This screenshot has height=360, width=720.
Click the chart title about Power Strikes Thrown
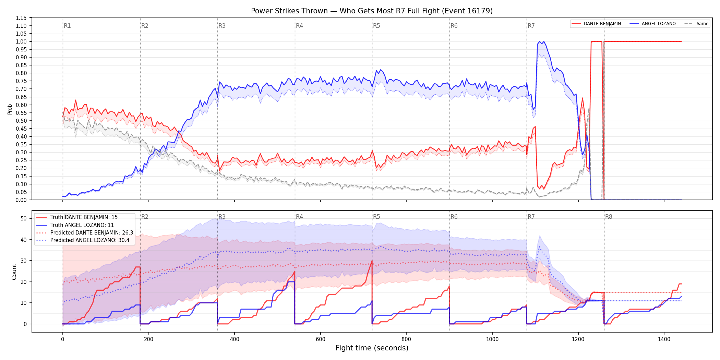(x=372, y=11)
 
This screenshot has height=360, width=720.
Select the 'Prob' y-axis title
(x=10, y=109)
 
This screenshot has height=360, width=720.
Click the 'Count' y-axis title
(x=14, y=272)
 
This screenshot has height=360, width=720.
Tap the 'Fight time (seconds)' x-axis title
(x=372, y=348)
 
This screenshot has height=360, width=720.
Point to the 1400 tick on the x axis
(x=664, y=339)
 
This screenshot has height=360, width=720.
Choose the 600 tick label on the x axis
(x=320, y=339)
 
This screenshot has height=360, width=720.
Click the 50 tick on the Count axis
(x=24, y=218)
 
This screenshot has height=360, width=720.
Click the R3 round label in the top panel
(x=222, y=26)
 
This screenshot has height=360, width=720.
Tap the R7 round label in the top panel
(x=531, y=26)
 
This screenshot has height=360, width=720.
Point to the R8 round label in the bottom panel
(x=609, y=217)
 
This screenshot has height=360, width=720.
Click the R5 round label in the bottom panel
(x=376, y=217)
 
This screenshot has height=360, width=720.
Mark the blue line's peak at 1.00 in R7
(x=540, y=41)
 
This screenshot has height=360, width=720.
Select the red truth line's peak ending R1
(x=138, y=267)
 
